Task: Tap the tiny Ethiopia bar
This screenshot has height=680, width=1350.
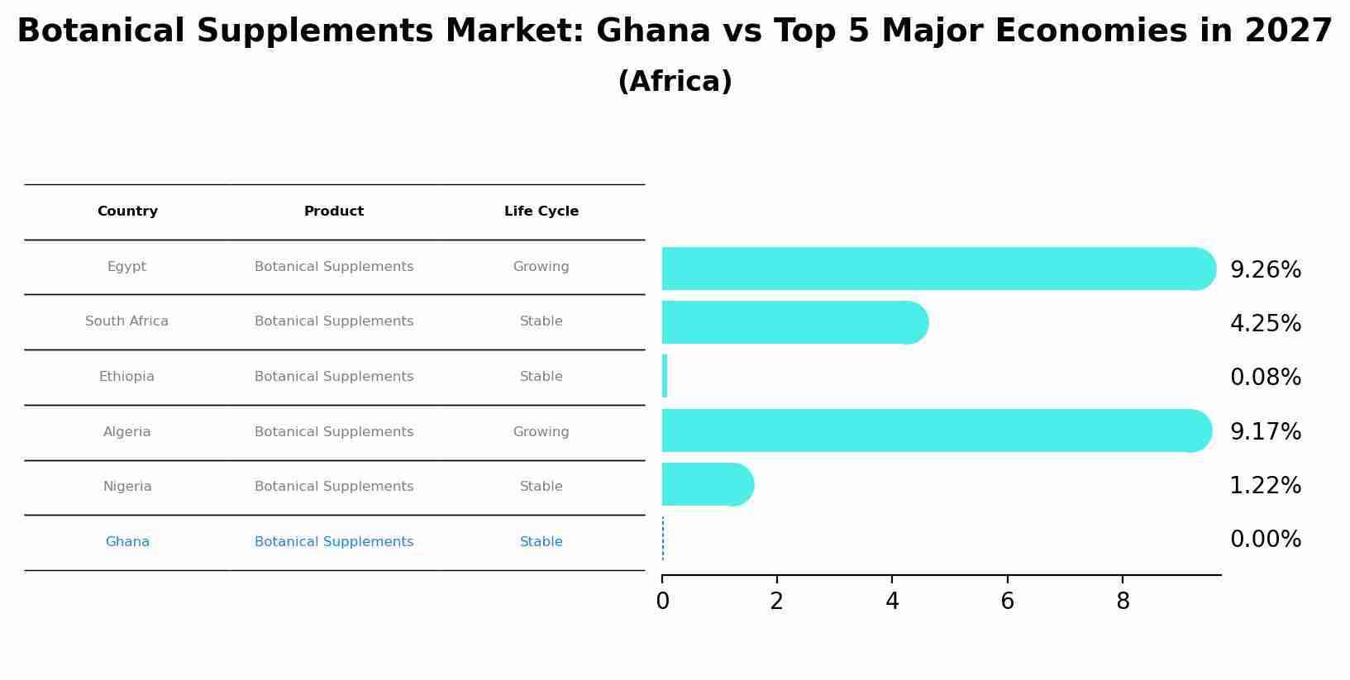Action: tap(665, 377)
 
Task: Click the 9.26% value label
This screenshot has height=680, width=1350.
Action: tap(1265, 270)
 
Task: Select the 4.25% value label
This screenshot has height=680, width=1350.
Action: tap(1265, 324)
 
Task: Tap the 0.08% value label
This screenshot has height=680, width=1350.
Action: tap(1265, 378)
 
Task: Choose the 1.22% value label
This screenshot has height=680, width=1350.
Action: tap(1265, 486)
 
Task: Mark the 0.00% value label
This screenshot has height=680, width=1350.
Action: tap(1265, 540)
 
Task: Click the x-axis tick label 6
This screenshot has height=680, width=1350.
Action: tap(1007, 602)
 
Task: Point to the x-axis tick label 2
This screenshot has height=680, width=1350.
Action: tap(776, 602)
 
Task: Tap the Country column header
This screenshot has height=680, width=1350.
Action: tap(127, 212)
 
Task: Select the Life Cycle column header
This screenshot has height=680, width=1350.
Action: tap(541, 212)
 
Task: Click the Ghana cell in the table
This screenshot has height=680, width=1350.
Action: tap(127, 542)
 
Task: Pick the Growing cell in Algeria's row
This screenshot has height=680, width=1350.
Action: tap(541, 432)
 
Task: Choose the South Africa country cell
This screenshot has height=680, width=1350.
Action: tap(126, 321)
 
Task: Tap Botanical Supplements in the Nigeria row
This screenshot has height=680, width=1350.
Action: tap(334, 487)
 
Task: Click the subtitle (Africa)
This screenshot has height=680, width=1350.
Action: tap(675, 82)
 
